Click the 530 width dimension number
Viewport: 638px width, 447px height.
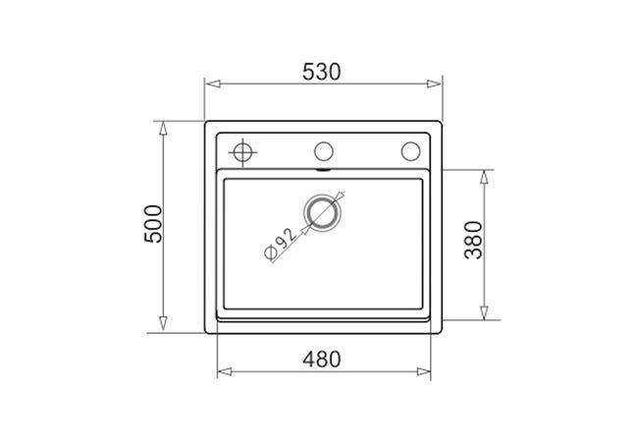(x=321, y=72)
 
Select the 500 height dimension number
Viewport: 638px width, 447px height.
(x=153, y=224)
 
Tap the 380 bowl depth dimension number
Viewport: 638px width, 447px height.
(x=474, y=240)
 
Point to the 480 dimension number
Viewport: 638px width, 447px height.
(x=321, y=359)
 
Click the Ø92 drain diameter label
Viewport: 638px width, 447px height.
(x=280, y=244)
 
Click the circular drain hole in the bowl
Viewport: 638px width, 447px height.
(x=322, y=211)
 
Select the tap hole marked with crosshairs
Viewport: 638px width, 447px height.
(x=242, y=152)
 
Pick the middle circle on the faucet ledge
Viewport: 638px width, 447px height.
(x=324, y=151)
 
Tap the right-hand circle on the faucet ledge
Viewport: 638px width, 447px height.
(x=410, y=151)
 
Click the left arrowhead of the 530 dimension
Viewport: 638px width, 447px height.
(x=213, y=84)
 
